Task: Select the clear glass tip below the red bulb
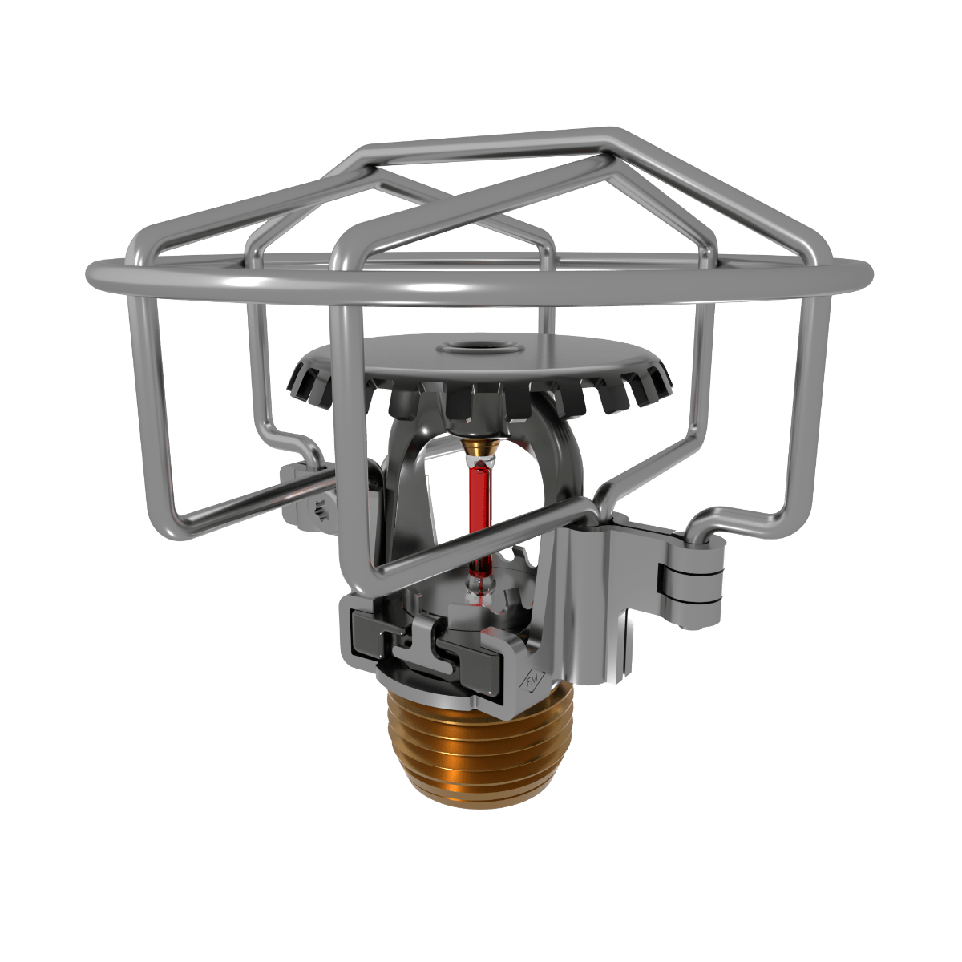click(479, 589)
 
